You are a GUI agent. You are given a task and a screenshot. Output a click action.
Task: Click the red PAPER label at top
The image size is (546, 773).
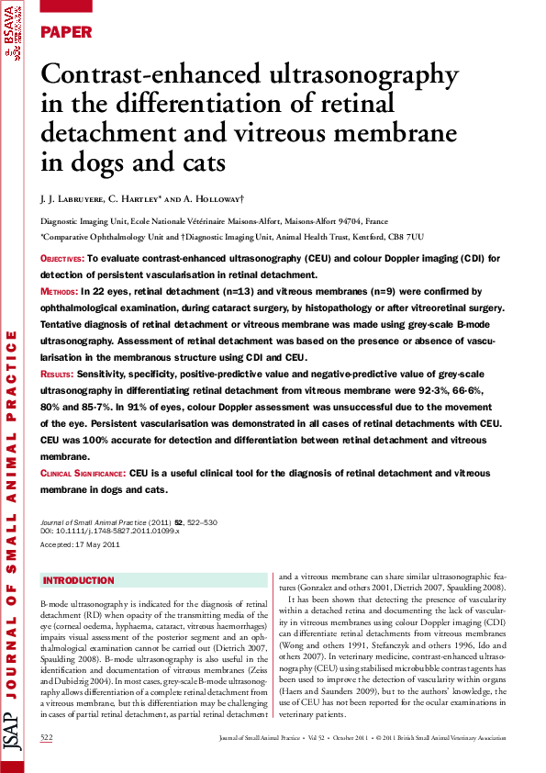click(x=67, y=32)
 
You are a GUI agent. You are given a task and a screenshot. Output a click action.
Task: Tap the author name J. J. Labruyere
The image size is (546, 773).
click(x=72, y=198)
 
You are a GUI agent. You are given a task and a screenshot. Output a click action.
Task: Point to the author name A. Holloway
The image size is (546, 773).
click(x=213, y=198)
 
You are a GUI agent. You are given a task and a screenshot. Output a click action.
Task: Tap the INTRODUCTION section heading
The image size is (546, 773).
click(x=79, y=581)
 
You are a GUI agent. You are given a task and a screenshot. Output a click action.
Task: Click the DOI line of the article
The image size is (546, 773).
click(x=110, y=531)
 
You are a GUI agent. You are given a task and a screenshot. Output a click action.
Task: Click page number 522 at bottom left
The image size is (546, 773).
click(x=48, y=737)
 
